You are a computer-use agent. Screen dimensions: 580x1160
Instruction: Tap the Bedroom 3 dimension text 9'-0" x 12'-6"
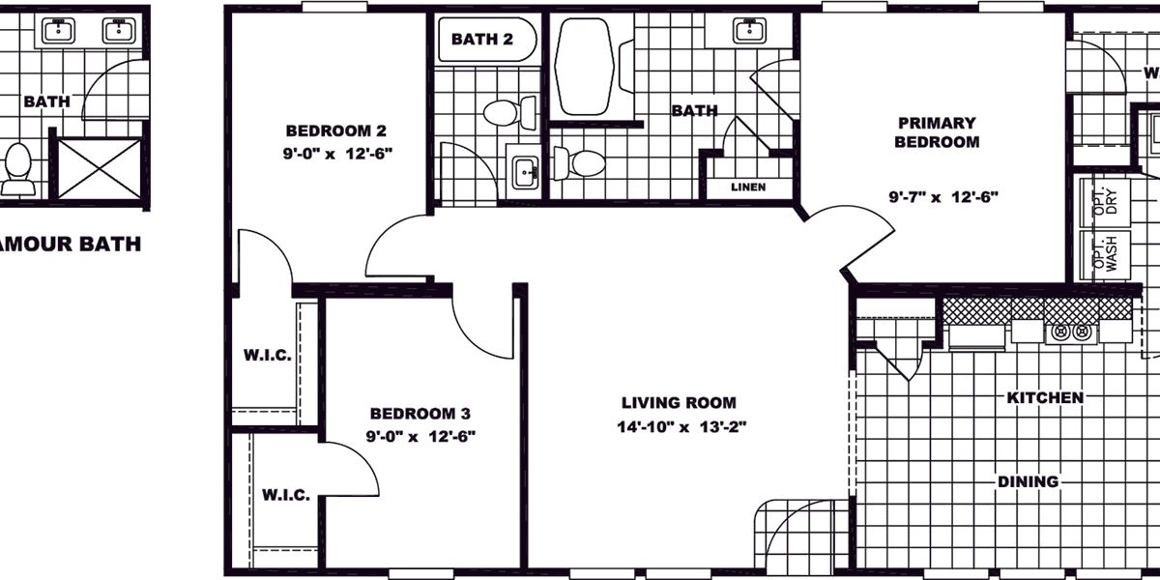click(x=420, y=436)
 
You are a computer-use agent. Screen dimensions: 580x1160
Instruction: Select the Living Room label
click(x=679, y=403)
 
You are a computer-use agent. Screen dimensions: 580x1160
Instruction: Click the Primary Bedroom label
click(x=937, y=132)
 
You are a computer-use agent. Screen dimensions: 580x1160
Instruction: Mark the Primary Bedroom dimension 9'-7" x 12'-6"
click(x=943, y=196)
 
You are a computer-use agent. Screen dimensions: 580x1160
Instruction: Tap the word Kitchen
click(x=1045, y=397)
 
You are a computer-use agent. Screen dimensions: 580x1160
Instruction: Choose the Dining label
click(x=1029, y=481)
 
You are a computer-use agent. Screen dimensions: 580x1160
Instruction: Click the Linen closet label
click(x=748, y=187)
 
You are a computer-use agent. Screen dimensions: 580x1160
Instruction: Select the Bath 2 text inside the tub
click(x=481, y=40)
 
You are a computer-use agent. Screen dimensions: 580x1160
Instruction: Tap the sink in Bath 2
click(x=525, y=175)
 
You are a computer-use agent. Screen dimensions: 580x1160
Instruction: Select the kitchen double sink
click(x=1069, y=333)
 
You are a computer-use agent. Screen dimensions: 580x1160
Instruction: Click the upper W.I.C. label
click(x=267, y=355)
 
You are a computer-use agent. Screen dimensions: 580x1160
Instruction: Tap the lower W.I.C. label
click(x=286, y=495)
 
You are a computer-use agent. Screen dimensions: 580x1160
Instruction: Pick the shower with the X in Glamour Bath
click(x=100, y=168)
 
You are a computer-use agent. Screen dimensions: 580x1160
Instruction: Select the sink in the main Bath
click(x=748, y=31)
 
